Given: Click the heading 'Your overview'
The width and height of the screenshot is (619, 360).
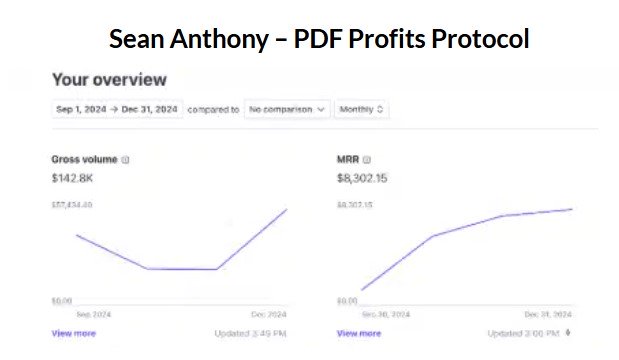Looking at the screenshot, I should [109, 80].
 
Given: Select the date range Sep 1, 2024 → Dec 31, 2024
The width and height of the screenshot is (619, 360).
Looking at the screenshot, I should [116, 109].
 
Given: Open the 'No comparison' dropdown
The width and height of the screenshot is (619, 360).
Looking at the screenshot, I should [286, 109].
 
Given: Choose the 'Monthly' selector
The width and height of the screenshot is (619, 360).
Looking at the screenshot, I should [362, 109].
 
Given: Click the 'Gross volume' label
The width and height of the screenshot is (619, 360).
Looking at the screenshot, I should [84, 159].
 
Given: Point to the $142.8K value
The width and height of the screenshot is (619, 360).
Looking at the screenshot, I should [73, 177].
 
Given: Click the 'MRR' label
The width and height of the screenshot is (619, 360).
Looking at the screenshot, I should [347, 159].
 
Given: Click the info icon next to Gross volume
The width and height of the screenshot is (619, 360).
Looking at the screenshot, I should [125, 159].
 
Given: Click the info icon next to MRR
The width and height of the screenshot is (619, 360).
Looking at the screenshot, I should [367, 159].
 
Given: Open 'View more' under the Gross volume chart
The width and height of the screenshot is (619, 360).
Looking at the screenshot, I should [74, 333].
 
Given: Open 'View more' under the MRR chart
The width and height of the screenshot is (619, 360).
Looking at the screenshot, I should [359, 333].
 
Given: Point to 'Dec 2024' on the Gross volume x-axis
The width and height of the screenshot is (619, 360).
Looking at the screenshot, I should [269, 313].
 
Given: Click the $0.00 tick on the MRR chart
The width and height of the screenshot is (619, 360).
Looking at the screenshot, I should [348, 300].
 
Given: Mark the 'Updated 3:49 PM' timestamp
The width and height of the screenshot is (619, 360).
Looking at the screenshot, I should [250, 333].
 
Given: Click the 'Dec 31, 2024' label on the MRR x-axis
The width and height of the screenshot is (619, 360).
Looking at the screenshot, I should [549, 313].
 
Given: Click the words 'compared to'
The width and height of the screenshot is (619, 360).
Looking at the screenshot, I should [213, 109].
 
